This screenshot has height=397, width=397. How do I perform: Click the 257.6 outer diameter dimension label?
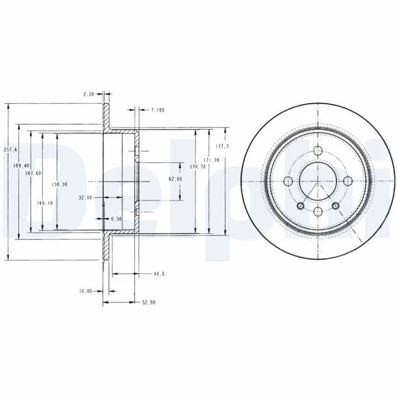point(10,149)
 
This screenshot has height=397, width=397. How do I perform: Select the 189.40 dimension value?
point(22,165)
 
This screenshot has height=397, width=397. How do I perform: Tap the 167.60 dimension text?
point(33,173)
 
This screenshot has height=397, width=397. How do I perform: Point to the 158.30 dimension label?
point(60,185)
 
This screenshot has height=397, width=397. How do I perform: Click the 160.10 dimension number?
point(45,203)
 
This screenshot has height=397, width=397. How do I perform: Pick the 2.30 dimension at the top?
point(89,94)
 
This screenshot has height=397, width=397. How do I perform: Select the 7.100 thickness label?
point(158,110)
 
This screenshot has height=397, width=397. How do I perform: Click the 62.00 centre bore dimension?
point(175,179)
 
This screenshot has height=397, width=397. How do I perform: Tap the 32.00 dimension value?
point(85,198)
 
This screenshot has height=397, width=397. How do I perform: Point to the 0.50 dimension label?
point(116,219)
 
